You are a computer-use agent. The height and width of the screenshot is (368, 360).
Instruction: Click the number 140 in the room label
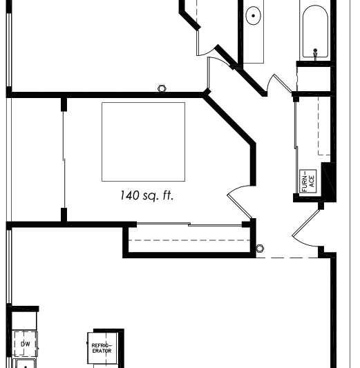coord(130,196)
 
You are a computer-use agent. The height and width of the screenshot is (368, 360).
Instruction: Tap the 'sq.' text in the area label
coord(151,197)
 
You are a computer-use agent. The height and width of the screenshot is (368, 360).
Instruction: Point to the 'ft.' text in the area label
coord(167,196)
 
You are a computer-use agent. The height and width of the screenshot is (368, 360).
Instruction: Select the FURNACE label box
coord(308,180)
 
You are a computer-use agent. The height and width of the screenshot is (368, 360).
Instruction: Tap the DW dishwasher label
coord(25,343)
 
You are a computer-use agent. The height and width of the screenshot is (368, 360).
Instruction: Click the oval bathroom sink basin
coord(254,15)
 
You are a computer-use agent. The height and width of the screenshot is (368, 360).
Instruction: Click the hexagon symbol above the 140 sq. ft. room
coord(162,88)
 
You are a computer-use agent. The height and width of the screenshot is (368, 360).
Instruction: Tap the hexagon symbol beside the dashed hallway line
coord(260,248)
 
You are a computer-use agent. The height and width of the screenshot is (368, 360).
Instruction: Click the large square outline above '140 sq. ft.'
coord(143,141)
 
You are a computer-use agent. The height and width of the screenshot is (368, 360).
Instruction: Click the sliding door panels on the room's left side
coord(64,160)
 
